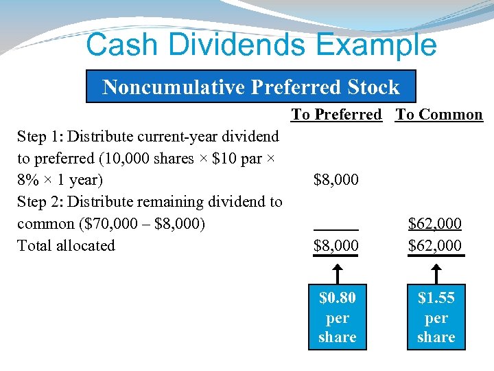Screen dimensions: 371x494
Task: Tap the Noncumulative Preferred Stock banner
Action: (250, 87)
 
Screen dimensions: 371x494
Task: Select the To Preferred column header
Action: (336, 115)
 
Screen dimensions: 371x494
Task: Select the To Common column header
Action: (439, 115)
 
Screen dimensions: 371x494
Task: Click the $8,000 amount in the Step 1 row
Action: (336, 180)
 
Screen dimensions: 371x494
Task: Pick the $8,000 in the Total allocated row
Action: (336, 245)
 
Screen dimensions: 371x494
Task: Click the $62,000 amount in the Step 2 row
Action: (435, 223)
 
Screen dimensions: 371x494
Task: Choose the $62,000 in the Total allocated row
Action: (435, 245)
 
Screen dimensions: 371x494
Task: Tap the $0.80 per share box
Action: (337, 317)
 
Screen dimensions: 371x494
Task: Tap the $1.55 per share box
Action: (436, 317)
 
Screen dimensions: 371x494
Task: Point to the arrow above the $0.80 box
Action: (336, 271)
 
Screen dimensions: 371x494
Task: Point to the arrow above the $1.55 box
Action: (435, 271)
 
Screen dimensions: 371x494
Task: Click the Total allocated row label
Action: (66, 245)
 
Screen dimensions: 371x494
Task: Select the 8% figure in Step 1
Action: (30, 180)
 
